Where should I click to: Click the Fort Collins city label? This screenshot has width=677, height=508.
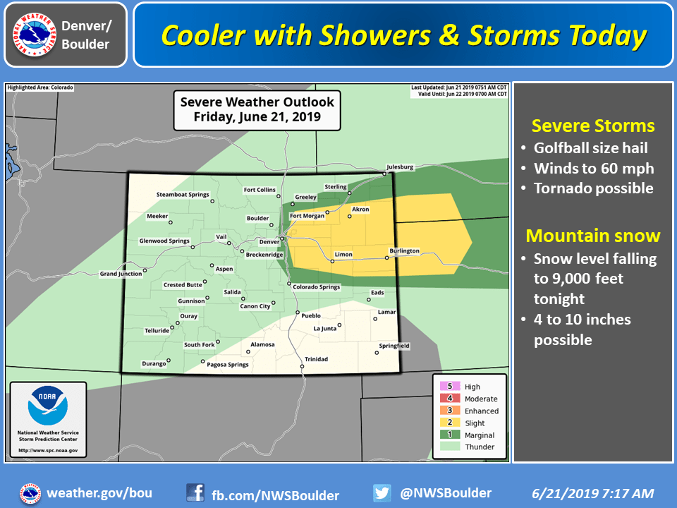coord(259,189)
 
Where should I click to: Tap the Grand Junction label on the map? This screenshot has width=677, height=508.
coord(120,274)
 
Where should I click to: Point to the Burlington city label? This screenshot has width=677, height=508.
coord(404,250)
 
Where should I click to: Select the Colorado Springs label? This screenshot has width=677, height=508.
coord(316,287)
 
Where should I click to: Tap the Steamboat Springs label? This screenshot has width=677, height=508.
coord(183,194)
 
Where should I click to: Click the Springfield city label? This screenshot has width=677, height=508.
coord(394,346)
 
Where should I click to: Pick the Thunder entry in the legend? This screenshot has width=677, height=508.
coord(480,447)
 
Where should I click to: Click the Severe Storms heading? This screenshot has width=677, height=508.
coord(593,126)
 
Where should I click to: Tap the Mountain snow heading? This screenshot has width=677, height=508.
coord(593,235)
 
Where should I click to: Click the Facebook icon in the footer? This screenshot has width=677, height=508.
coord(195,492)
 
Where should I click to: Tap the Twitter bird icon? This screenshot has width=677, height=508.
coord(382,492)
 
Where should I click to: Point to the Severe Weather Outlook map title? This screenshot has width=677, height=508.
coord(257,109)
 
